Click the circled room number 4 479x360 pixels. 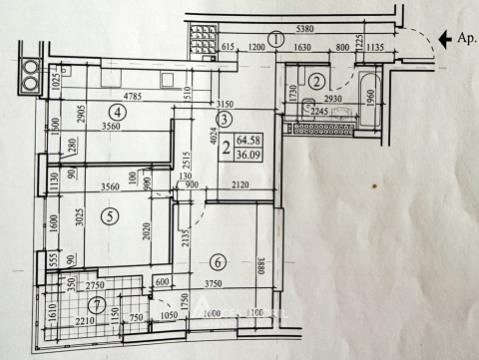117,112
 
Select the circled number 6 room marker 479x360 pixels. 218,263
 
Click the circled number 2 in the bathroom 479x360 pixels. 317,81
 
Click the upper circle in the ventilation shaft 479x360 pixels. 30,71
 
